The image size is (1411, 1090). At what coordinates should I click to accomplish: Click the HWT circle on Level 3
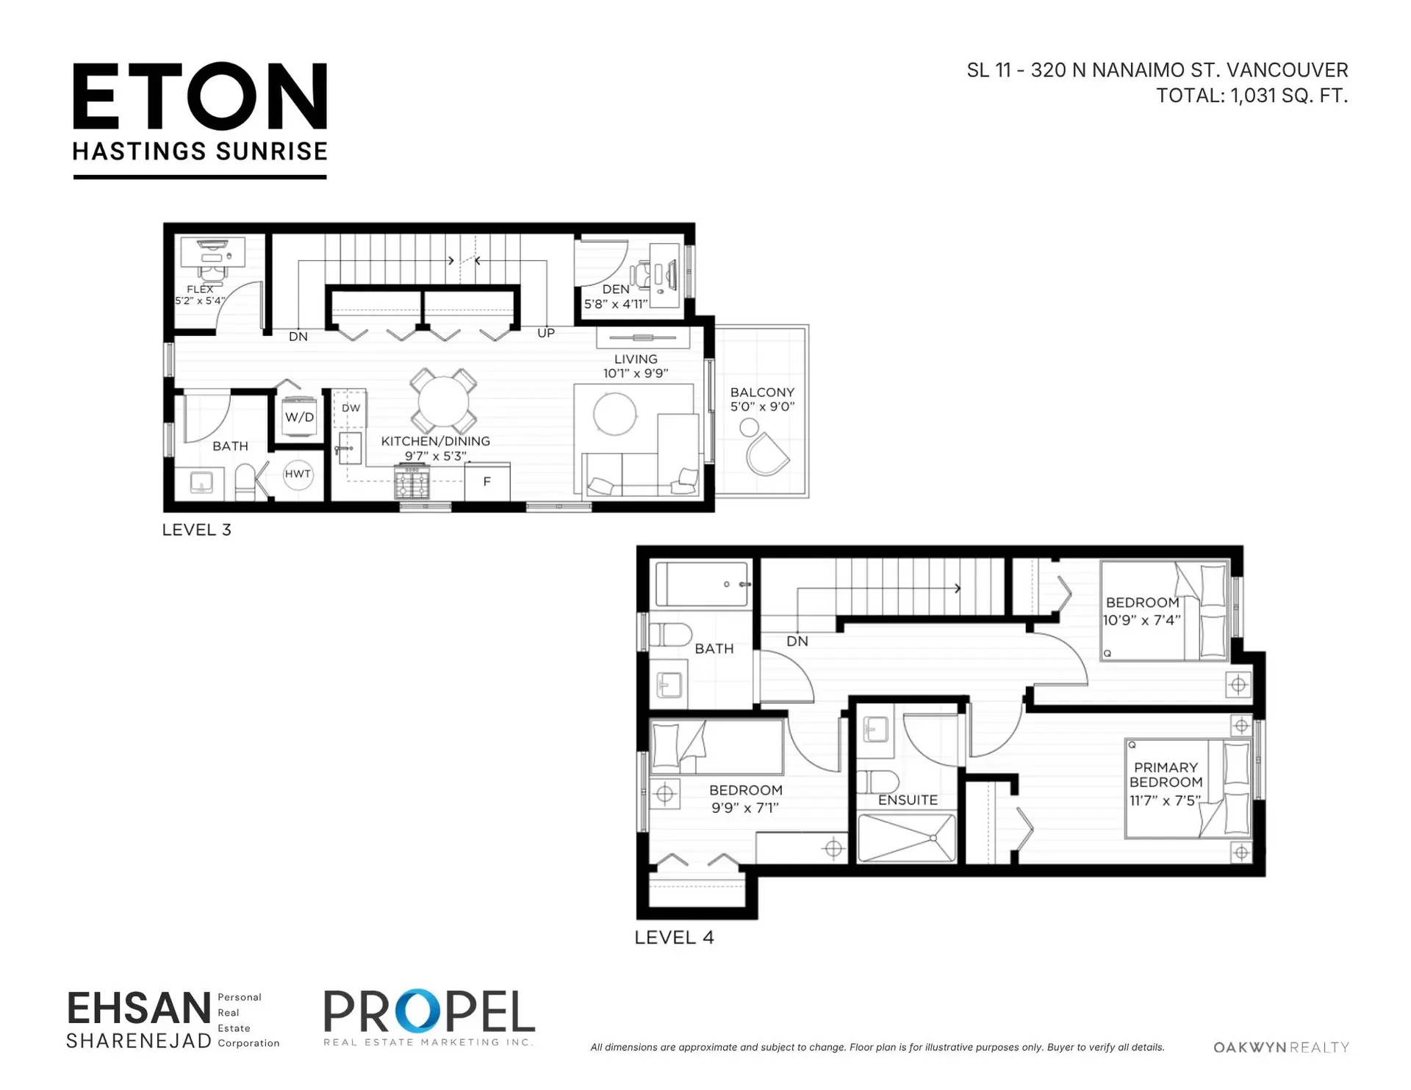pos(298,474)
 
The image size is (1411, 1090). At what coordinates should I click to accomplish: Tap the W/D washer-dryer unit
pos(299,417)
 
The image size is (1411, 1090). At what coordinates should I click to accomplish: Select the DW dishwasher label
pos(351,408)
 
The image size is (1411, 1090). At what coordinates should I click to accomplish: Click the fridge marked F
pos(487,482)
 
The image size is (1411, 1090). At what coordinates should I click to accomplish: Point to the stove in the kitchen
pos(412,484)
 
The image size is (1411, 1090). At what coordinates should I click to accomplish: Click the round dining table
pos(443,402)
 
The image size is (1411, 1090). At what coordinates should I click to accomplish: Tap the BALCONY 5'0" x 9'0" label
pos(762,399)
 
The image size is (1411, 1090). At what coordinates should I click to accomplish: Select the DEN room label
pos(616,290)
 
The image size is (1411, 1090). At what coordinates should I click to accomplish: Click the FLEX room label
pos(200,290)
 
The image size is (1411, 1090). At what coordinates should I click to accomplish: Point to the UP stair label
pos(546,333)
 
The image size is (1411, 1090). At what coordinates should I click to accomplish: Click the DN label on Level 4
pos(797,642)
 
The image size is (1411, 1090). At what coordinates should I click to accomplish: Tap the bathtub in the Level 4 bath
pos(702,584)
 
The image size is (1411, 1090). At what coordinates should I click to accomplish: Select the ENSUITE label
pos(908,800)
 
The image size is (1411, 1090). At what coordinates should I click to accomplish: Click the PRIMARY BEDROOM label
pos(1166,775)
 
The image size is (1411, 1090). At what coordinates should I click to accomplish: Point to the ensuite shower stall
pos(908,837)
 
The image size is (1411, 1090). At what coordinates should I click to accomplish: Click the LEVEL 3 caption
pos(197,530)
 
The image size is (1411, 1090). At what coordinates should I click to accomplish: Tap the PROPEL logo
pos(429,1017)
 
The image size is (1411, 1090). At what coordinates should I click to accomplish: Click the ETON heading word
pos(200,96)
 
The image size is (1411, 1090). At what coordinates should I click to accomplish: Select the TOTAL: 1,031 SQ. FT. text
pos(1252,96)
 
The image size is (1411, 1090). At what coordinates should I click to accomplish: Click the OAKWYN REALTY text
pos(1281,1047)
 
